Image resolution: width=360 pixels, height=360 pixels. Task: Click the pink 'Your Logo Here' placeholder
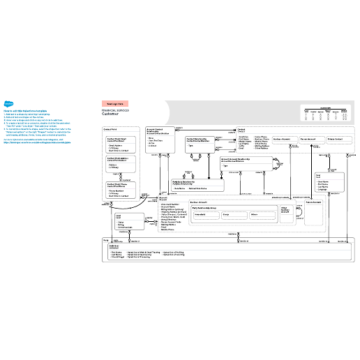coord(120,103)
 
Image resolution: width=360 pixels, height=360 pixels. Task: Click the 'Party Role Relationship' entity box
coord(197,186)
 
